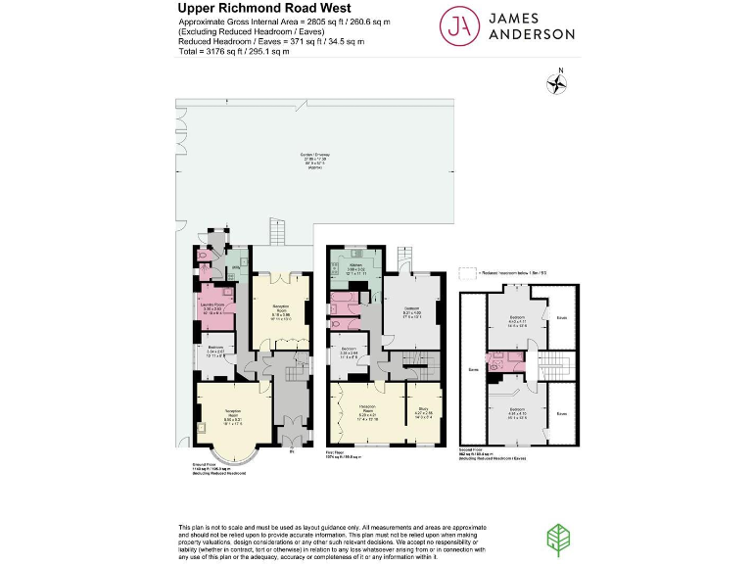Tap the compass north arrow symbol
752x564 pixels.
[x=559, y=83]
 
